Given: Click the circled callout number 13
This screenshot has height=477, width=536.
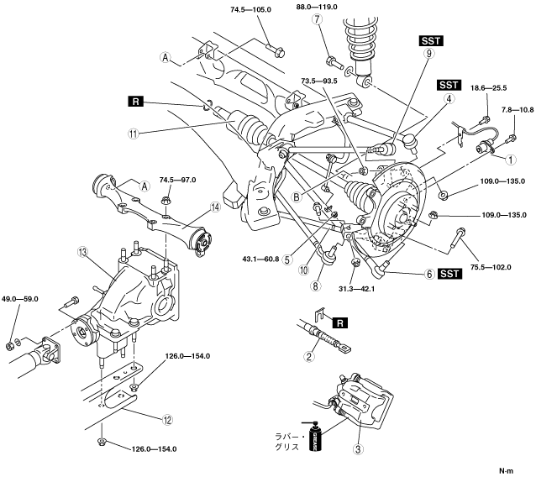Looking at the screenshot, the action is click(82, 253).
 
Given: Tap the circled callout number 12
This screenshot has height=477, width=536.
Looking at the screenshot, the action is click(167, 420).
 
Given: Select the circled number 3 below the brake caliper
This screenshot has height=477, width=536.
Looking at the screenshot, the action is click(358, 449).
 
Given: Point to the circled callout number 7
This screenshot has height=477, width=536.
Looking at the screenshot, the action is click(318, 19).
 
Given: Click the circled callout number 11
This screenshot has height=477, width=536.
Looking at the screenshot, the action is click(134, 134).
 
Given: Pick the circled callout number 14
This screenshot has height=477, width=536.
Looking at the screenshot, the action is click(215, 207).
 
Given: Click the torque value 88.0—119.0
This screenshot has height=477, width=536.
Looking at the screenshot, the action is click(317, 7).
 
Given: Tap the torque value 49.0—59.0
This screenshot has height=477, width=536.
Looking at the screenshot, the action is click(20, 299).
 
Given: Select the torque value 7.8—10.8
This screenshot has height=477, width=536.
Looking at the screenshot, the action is click(518, 110).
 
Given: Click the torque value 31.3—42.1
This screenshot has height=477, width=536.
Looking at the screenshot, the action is click(357, 289).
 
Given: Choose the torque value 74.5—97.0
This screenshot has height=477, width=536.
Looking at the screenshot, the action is click(178, 180).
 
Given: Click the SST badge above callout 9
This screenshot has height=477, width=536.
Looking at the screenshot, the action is click(431, 41).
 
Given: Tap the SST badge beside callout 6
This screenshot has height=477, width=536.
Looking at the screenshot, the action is click(449, 274).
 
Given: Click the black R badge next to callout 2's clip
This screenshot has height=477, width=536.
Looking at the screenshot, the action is click(339, 322).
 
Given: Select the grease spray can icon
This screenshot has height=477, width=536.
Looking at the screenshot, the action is click(316, 437).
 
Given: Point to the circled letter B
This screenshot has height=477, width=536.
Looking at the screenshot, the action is click(297, 197).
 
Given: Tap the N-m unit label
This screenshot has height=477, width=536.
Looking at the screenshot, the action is click(507, 470).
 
